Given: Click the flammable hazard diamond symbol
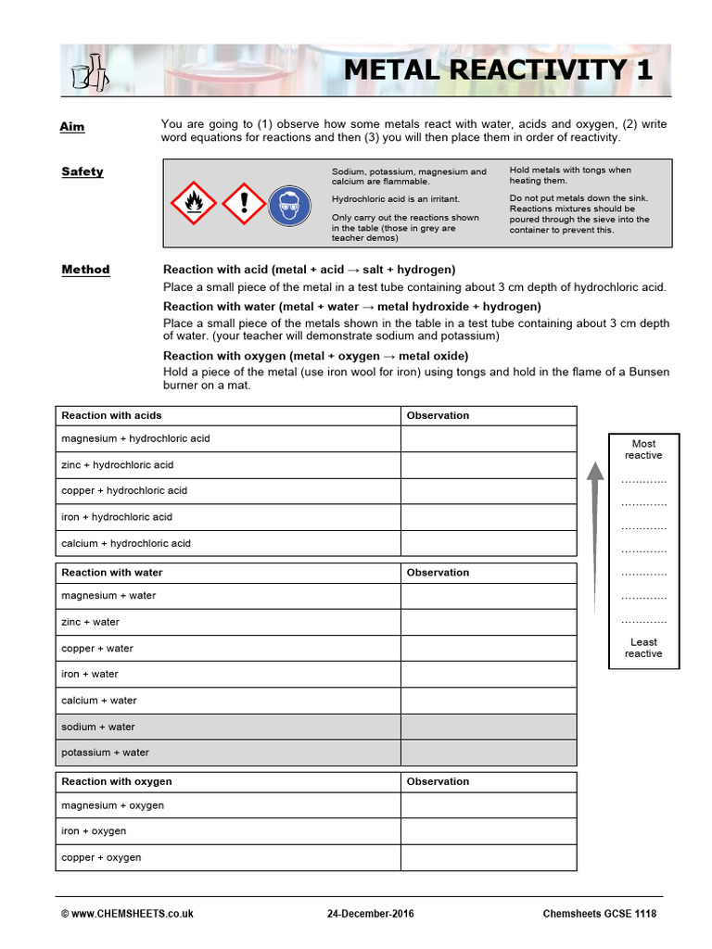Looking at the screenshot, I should click(x=195, y=203).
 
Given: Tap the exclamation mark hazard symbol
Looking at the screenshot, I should click(x=244, y=203).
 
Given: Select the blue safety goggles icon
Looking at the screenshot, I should click(x=289, y=204).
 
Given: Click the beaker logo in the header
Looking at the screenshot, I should click(x=90, y=70).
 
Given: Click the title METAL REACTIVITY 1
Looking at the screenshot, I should click(x=499, y=70).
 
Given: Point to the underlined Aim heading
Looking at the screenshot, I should click(x=71, y=126).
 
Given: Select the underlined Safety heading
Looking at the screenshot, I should click(x=83, y=171).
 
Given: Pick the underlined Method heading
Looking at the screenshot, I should click(x=85, y=270).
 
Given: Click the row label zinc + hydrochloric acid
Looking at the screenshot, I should click(x=117, y=464).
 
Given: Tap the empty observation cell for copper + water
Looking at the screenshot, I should click(x=488, y=649).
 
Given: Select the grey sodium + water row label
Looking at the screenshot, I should click(x=98, y=727).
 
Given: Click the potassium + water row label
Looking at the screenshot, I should click(x=105, y=753).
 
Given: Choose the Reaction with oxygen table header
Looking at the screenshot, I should click(x=117, y=781).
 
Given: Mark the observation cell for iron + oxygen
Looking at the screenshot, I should click(x=488, y=831).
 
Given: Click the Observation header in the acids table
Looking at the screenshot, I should click(x=438, y=415).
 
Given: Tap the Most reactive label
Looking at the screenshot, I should click(x=643, y=449).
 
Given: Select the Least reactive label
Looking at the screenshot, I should click(x=643, y=648).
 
